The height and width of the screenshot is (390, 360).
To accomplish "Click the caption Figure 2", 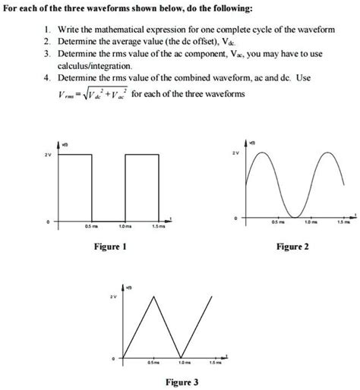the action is click(292, 247).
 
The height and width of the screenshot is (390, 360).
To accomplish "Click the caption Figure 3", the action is click(183, 382).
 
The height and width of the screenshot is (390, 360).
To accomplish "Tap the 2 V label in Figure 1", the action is click(47, 156).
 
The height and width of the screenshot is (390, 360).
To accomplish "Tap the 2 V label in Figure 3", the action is click(113, 296).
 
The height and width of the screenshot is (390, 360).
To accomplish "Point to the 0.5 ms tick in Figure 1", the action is click(89, 225).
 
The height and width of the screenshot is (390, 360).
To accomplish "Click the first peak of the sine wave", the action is click(264, 153).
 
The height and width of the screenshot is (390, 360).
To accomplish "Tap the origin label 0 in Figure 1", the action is click(47, 222).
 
